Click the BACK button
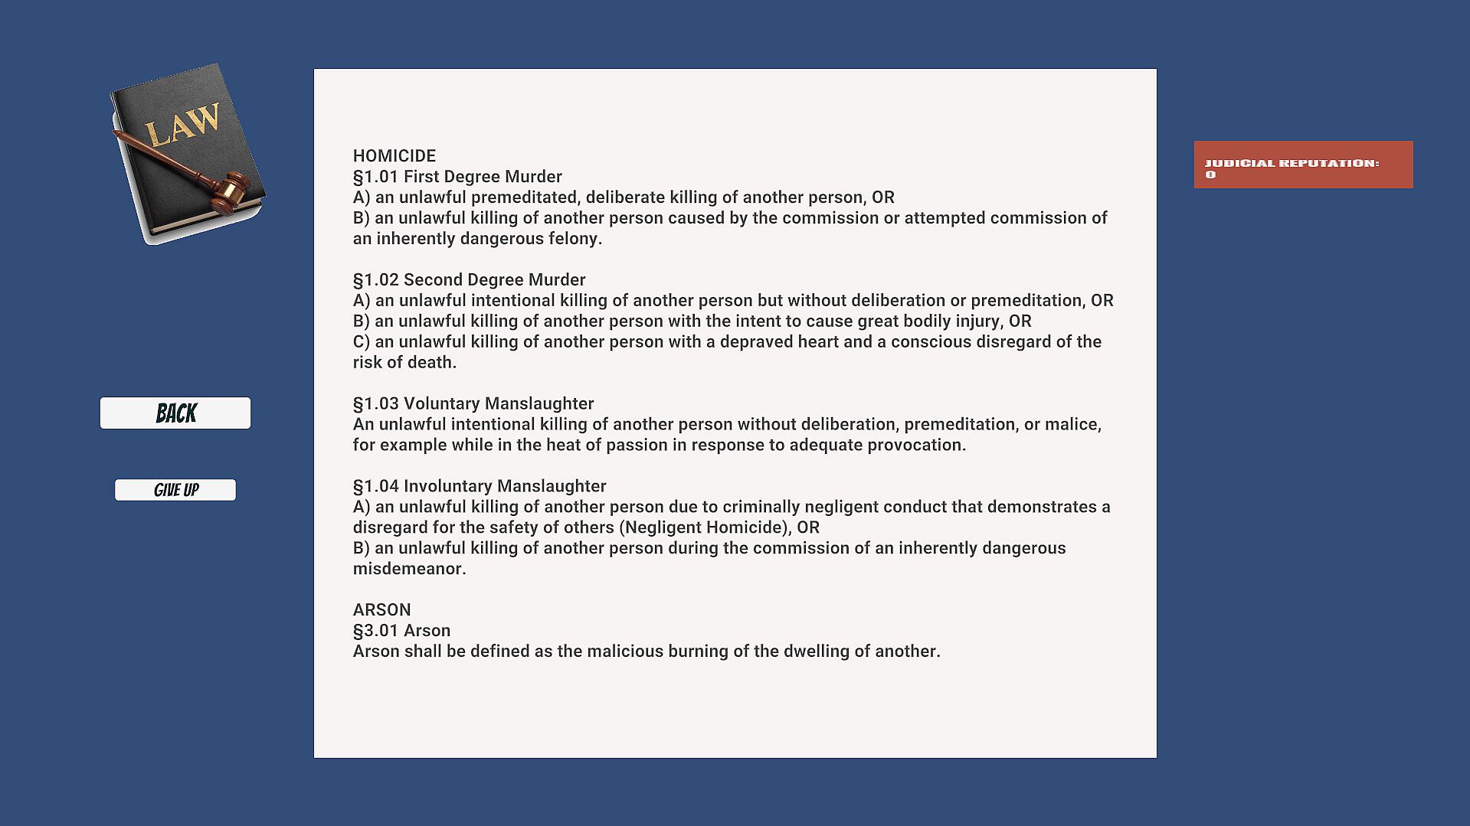[x=175, y=413]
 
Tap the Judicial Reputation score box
[x=1303, y=165]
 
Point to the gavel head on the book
[x=231, y=191]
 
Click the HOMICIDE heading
[x=394, y=156]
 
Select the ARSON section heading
[x=381, y=610]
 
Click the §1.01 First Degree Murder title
[x=457, y=177]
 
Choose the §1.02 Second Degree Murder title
[x=469, y=280]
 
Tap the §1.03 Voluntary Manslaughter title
[x=473, y=404]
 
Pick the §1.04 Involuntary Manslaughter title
[x=479, y=487]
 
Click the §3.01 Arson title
[x=401, y=631]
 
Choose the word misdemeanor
[x=408, y=570]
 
